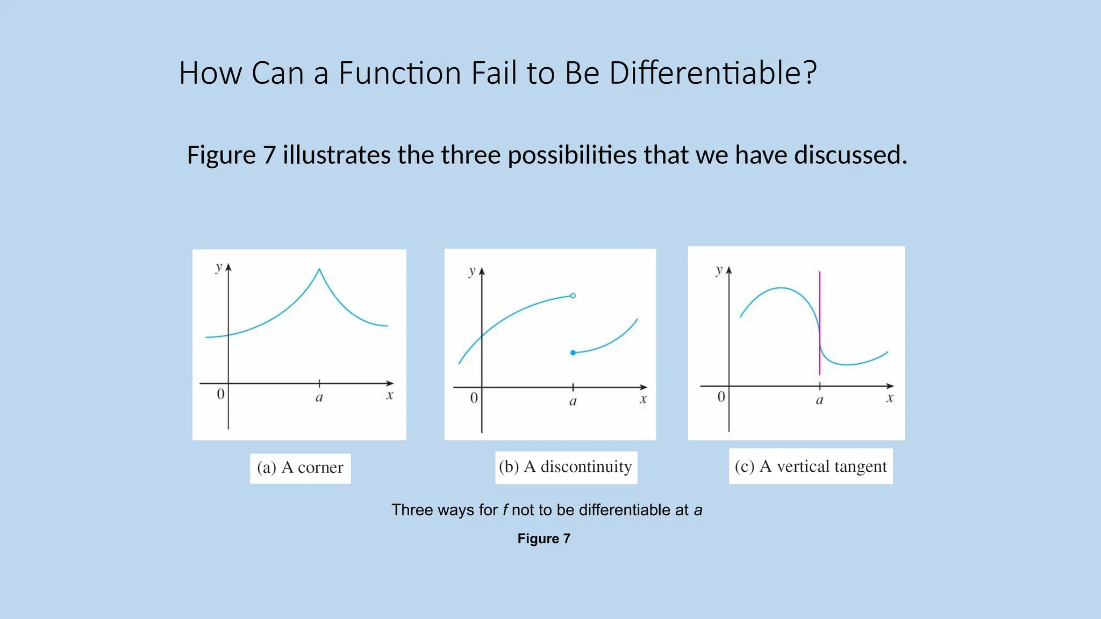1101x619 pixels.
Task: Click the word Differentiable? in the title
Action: tap(713, 73)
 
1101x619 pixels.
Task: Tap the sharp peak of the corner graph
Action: tap(319, 270)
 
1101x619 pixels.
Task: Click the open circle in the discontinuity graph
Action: tap(573, 296)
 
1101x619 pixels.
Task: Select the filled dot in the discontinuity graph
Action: tap(573, 352)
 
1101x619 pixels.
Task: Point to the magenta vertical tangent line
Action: tap(819, 301)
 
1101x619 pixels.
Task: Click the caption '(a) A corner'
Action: tap(300, 467)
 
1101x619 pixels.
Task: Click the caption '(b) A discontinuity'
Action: tap(566, 466)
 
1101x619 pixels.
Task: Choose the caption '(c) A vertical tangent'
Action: tap(811, 466)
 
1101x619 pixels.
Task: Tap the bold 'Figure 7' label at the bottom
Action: tap(544, 538)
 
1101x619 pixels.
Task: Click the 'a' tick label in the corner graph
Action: tap(319, 398)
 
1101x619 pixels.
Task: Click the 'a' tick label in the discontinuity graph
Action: tap(573, 401)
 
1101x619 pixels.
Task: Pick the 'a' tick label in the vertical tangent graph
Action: tap(819, 400)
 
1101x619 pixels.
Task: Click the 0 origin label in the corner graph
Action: tap(220, 394)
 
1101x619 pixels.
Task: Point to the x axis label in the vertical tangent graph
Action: tap(890, 398)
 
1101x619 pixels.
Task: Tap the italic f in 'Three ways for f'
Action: tap(505, 510)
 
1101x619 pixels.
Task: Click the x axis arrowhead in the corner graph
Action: tap(390, 383)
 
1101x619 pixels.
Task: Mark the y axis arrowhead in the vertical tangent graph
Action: tap(729, 270)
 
